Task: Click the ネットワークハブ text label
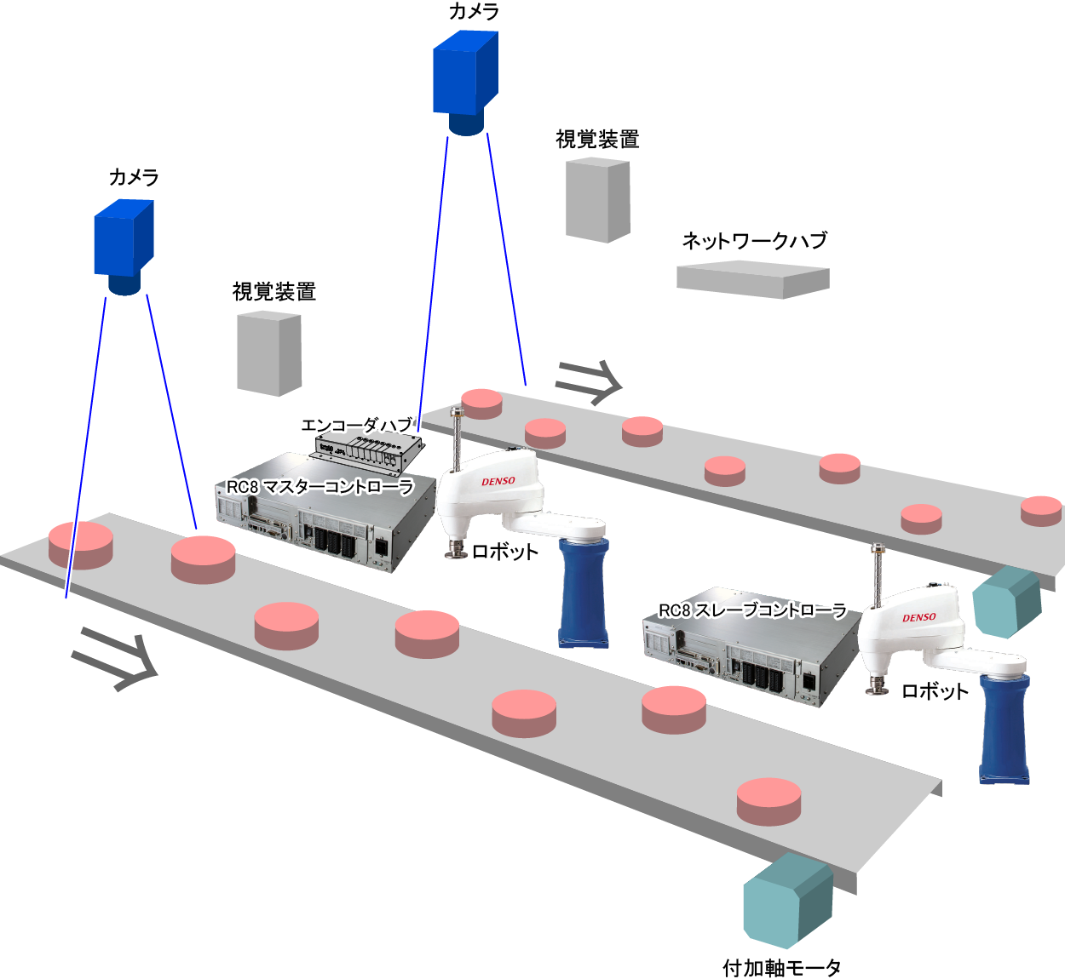(754, 241)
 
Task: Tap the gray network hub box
(752, 280)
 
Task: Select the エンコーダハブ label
(357, 425)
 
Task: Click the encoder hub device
(369, 449)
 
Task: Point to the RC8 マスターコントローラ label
(320, 487)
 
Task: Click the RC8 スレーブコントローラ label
(753, 610)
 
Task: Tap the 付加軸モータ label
(781, 968)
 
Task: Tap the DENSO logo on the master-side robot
(498, 482)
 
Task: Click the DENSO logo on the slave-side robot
(919, 617)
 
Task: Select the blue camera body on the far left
(124, 238)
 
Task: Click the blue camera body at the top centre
(464, 73)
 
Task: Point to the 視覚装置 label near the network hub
(597, 140)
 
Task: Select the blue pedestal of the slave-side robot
(1005, 728)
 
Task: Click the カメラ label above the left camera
(134, 177)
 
